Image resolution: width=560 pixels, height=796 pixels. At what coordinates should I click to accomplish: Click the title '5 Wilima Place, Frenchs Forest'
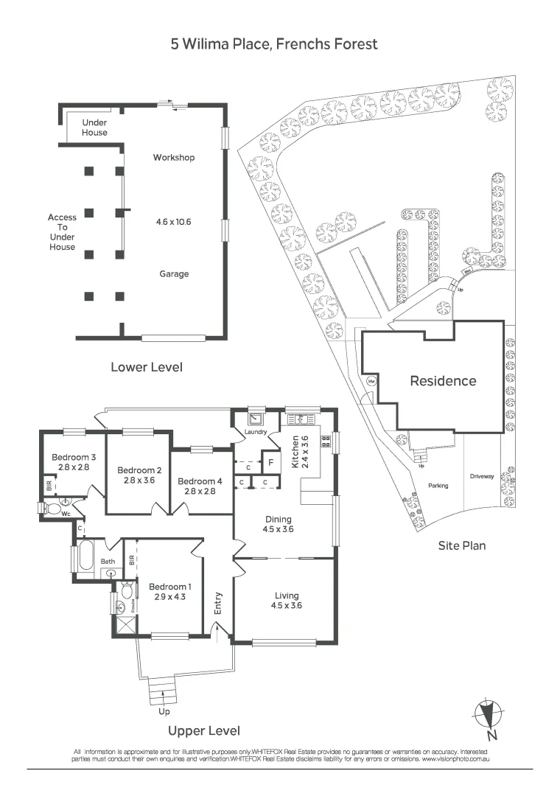[274, 44]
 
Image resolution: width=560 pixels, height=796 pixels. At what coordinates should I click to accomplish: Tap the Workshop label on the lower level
[174, 158]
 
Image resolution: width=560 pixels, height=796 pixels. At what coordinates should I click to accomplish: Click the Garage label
[175, 274]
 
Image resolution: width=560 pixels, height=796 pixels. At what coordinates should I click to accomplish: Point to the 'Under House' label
[94, 128]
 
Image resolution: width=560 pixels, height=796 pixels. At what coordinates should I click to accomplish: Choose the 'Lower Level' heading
[147, 366]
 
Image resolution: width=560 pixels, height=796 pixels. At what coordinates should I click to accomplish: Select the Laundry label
[250, 433]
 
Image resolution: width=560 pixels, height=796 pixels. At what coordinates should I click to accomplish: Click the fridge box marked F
[270, 464]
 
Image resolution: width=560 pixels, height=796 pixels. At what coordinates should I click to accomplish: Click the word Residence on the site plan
[443, 381]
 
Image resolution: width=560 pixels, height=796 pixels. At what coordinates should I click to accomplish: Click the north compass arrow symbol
[486, 713]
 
